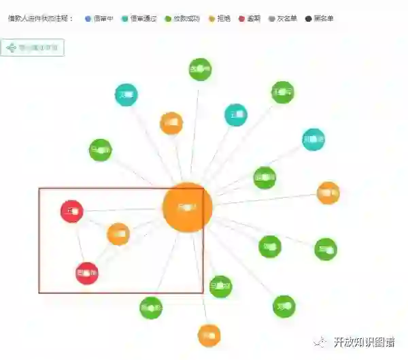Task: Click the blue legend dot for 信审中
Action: (x=88, y=18)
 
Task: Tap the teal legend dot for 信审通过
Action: (x=124, y=18)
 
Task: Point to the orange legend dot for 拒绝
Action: (x=211, y=18)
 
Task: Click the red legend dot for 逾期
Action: (x=242, y=18)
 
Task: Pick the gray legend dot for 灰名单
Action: (x=273, y=18)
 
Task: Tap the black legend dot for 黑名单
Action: (x=309, y=18)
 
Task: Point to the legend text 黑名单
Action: (x=324, y=18)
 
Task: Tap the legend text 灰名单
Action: (x=287, y=18)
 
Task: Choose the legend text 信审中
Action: (x=102, y=18)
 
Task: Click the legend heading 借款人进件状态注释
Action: (x=40, y=18)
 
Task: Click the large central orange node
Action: (x=187, y=207)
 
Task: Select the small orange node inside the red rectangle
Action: (x=118, y=234)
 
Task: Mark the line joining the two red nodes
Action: (x=79, y=242)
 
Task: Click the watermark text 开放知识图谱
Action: (x=364, y=342)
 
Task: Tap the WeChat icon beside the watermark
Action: (x=319, y=342)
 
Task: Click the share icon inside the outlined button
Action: (x=12, y=48)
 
